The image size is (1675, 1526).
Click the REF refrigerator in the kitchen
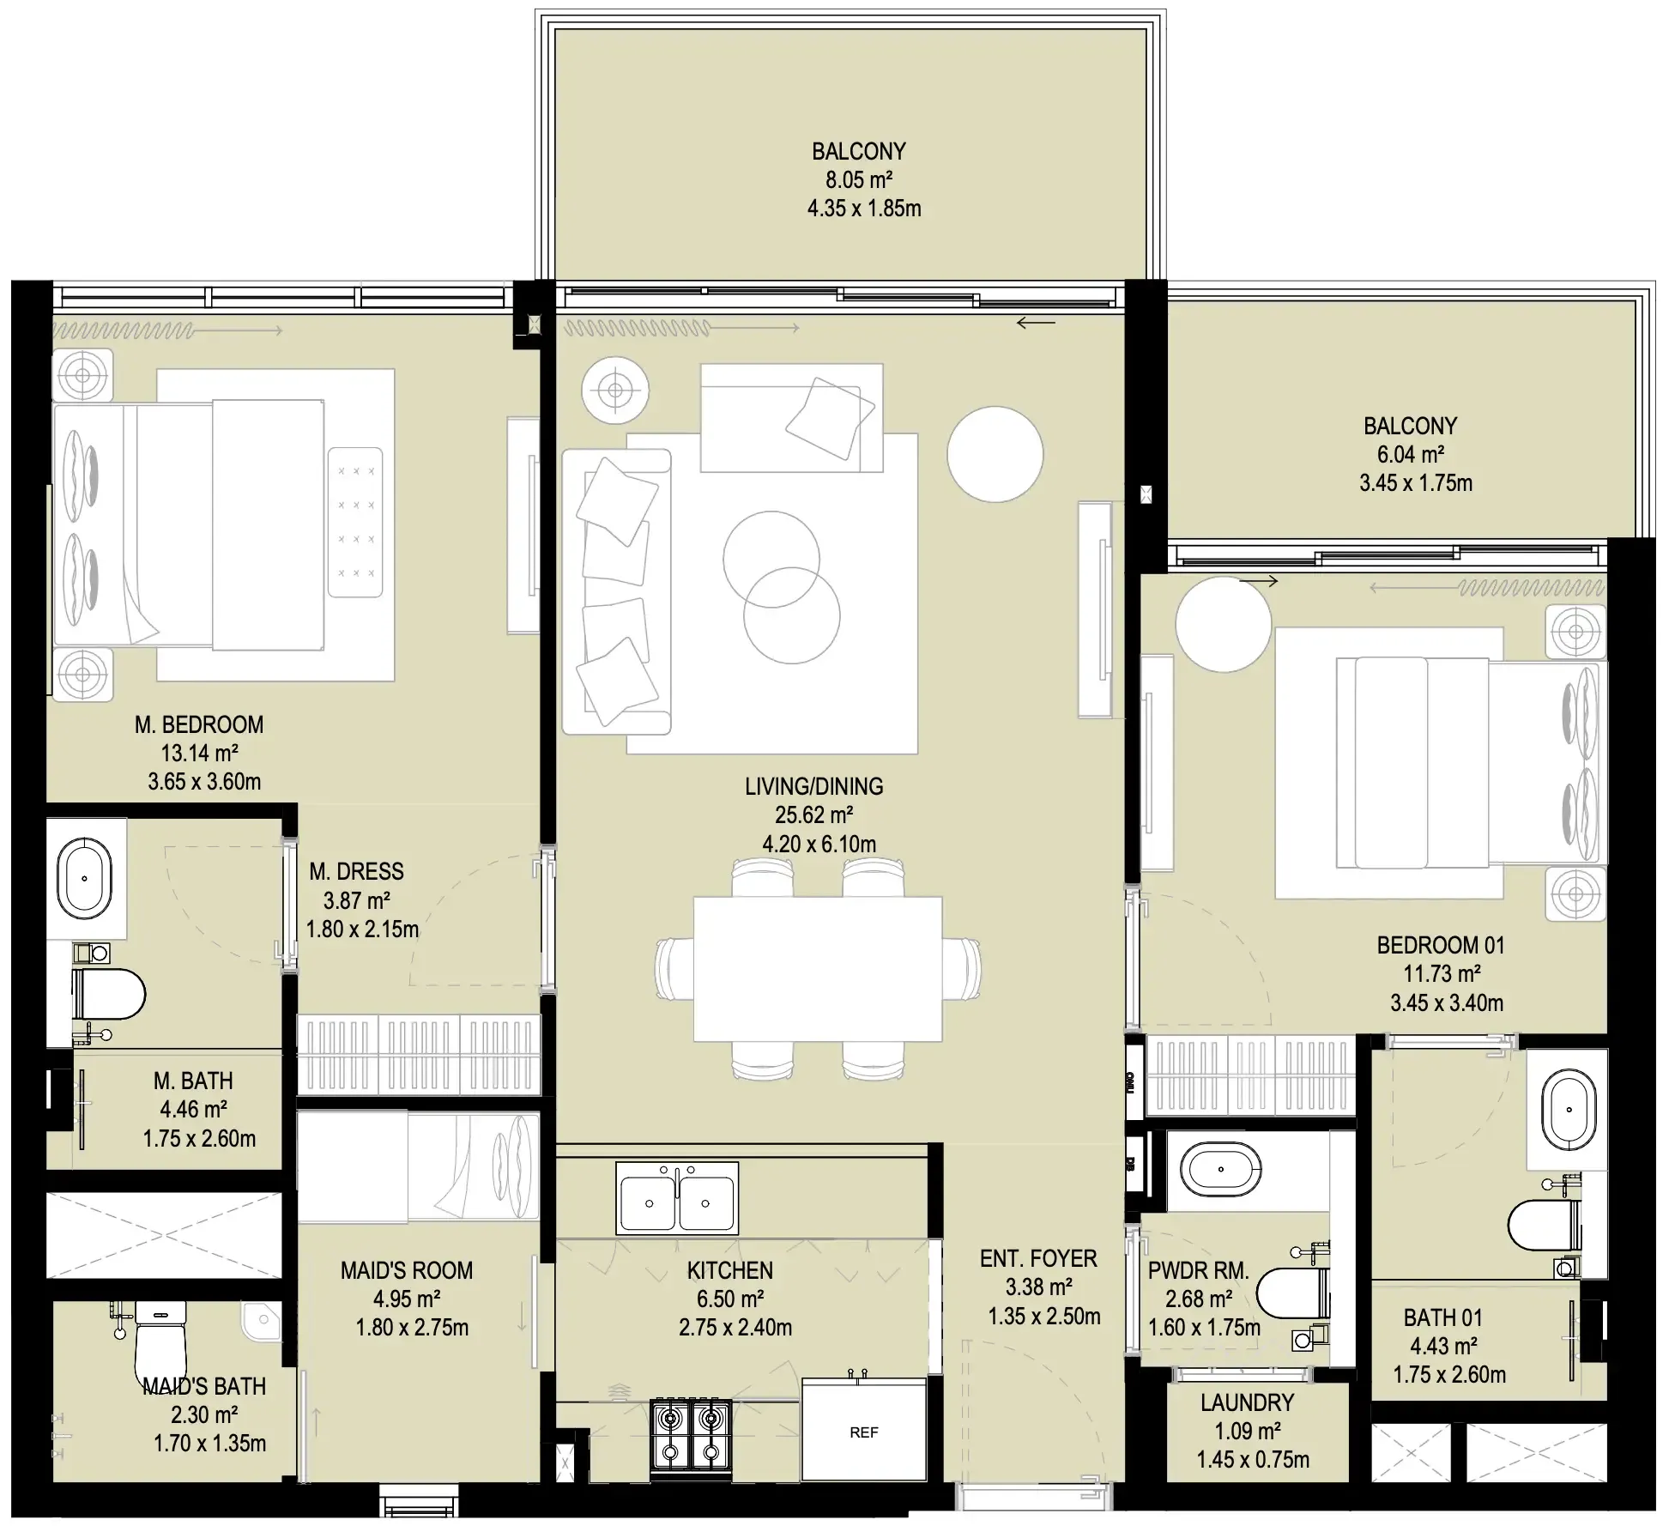(x=863, y=1431)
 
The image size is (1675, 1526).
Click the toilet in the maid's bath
(x=160, y=1343)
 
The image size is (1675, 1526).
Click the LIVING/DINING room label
(x=813, y=786)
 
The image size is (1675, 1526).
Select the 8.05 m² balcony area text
(x=858, y=179)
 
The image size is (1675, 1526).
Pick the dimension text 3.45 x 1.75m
(x=1415, y=483)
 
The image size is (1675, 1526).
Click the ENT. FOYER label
(x=1038, y=1258)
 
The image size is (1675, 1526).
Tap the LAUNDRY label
(x=1247, y=1402)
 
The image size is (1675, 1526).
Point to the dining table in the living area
(x=817, y=968)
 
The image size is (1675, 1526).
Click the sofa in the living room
(x=614, y=592)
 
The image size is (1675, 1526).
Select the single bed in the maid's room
(x=418, y=1166)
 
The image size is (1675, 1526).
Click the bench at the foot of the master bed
(x=355, y=522)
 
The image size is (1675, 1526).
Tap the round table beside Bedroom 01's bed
(x=1222, y=624)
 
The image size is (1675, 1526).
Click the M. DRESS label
(x=356, y=871)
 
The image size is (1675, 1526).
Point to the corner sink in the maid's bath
(x=261, y=1320)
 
